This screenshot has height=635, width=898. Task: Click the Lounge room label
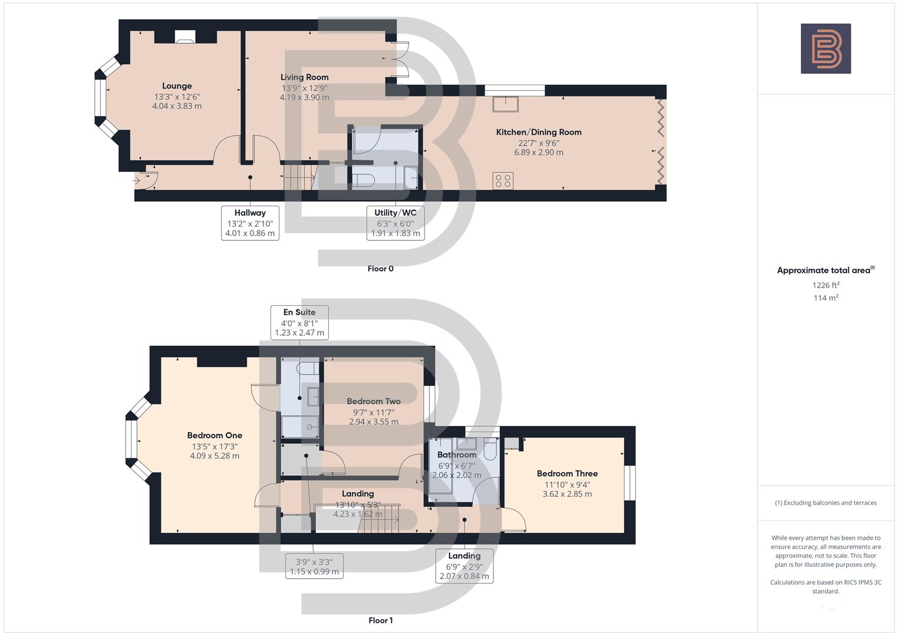(177, 86)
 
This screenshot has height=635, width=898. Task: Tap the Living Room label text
(304, 77)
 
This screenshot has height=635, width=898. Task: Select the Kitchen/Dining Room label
(539, 132)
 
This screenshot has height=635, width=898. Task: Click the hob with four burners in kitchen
(503, 181)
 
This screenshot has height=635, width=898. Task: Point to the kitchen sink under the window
(506, 103)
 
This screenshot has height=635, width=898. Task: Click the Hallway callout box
(250, 223)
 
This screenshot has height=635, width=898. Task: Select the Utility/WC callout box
(395, 223)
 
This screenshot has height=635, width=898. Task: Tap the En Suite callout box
(299, 322)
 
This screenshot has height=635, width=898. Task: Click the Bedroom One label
(215, 436)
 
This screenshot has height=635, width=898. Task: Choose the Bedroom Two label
(373, 402)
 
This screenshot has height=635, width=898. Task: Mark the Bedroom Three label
(567, 474)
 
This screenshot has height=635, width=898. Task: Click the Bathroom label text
(457, 455)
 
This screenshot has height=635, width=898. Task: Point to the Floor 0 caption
(380, 269)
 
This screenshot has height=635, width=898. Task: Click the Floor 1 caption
(380, 620)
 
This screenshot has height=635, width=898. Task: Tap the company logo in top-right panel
(826, 49)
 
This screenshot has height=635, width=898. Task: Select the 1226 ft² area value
(826, 285)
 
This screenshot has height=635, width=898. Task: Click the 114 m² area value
(826, 298)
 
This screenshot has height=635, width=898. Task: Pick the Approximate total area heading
(824, 270)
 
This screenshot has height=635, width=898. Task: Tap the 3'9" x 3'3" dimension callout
(314, 566)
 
